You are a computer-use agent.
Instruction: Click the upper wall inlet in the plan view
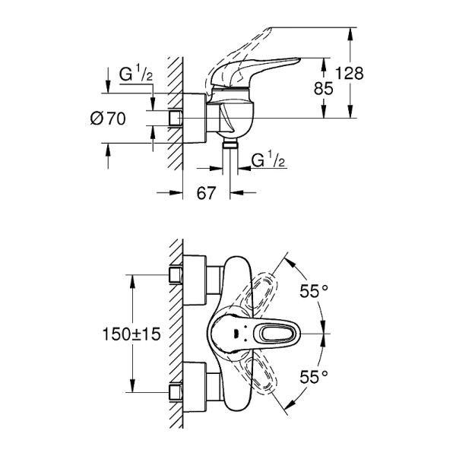[x=176, y=274]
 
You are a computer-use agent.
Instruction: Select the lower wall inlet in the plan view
[x=176, y=394]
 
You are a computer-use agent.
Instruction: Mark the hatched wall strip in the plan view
[x=176, y=334]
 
